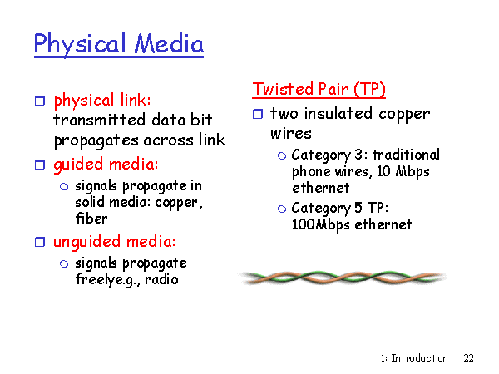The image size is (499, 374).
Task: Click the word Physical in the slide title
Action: point(80,44)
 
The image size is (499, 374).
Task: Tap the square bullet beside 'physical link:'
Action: point(40,101)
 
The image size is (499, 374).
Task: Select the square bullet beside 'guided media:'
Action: point(40,165)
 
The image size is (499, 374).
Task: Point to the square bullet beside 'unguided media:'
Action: point(40,242)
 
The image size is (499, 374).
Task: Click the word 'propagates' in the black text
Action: point(96,141)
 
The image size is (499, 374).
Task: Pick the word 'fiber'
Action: point(91,218)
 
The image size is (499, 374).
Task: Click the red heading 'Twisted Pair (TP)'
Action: point(319,89)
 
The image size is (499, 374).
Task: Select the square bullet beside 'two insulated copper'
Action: point(258,114)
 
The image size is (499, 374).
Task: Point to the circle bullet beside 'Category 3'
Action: point(282,156)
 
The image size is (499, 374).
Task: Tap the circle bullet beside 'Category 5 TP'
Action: point(282,209)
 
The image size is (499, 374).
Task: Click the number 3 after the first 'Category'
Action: point(358,155)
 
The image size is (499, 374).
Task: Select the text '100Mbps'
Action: point(321,225)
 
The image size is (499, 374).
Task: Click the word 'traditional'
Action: point(406,155)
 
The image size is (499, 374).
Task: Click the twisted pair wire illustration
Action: point(343,278)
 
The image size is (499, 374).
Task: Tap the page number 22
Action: point(469,358)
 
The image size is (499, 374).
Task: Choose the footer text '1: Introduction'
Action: point(414,358)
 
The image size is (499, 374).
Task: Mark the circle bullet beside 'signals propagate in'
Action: point(64,187)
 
